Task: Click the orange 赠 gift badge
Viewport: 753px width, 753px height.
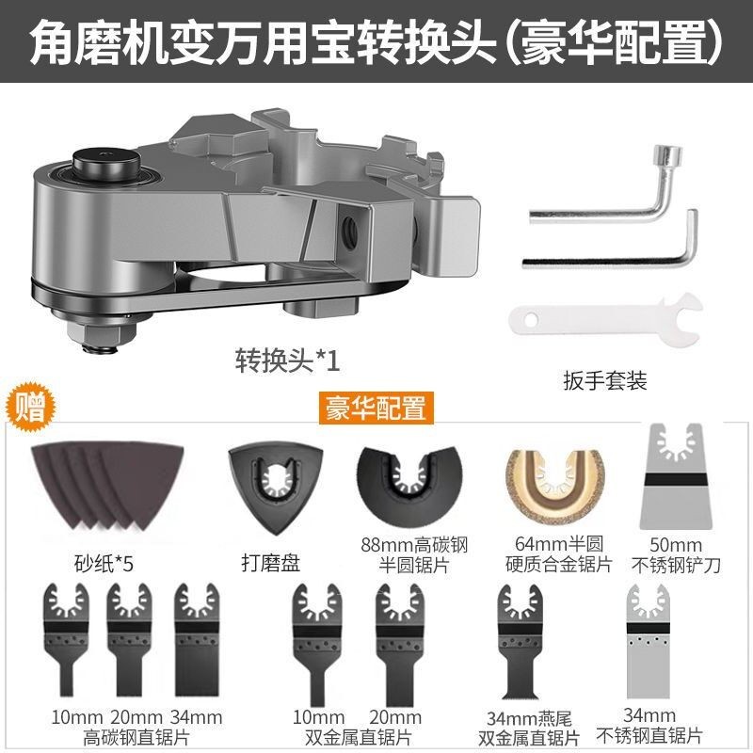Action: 30,408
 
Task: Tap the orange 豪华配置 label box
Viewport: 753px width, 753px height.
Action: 376,408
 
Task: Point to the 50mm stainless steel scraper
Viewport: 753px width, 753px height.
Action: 676,476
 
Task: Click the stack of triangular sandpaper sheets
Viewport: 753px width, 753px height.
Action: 107,486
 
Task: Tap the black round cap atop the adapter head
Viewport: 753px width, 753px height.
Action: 105,162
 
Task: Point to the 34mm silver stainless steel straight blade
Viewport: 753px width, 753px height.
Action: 648,641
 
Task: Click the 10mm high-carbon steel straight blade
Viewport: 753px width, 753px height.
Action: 66,640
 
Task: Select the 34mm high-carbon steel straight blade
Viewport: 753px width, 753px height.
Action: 197,639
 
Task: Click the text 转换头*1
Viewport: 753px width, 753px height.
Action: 288,360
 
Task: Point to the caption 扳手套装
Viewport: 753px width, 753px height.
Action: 605,380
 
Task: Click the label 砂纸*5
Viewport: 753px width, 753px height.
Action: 104,563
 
